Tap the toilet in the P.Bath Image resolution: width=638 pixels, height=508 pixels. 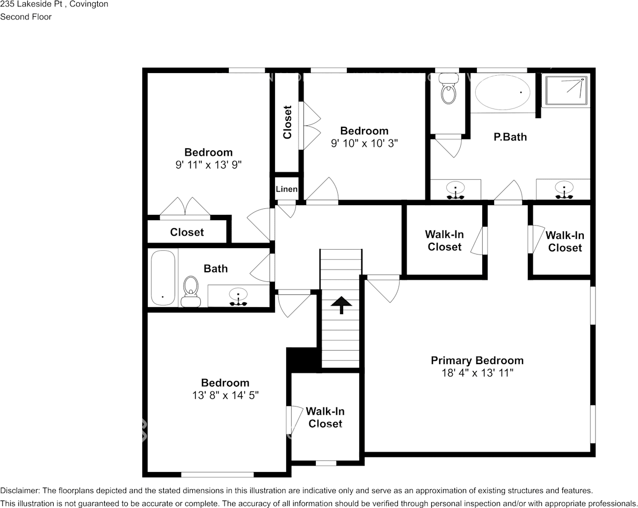click(448, 92)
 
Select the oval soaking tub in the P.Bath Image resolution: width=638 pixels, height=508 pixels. click(503, 92)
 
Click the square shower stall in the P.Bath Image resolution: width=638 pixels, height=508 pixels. click(565, 91)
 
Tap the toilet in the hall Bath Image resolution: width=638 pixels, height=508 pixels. click(190, 291)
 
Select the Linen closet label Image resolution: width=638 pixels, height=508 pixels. click(286, 189)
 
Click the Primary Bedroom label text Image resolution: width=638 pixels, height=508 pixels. click(477, 360)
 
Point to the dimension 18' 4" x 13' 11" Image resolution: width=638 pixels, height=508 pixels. click(477, 373)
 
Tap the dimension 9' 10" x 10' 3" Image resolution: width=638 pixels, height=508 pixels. click(364, 143)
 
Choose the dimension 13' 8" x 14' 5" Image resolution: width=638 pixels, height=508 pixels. click(225, 395)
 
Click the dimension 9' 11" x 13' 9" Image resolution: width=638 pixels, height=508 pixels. click(208, 165)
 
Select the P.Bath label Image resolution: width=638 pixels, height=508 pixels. click(510, 137)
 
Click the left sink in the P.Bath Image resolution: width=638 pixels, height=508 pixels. click(455, 190)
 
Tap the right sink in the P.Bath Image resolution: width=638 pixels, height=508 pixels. click(564, 190)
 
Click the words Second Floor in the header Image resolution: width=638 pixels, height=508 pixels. click(26, 17)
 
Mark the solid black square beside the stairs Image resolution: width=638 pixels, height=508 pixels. click(295, 359)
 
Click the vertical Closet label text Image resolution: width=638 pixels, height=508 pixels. click(287, 122)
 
